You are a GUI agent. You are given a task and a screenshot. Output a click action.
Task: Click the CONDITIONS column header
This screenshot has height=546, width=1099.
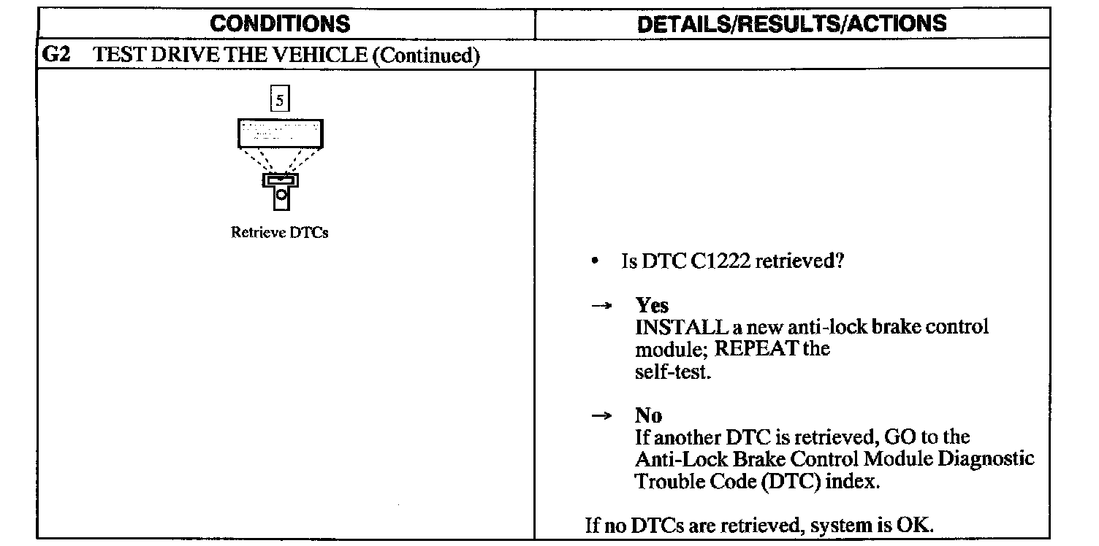pos(280,23)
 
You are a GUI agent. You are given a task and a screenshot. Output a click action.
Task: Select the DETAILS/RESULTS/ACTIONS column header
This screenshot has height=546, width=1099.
pos(791,23)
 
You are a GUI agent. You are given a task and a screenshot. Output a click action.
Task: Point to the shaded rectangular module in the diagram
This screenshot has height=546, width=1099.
pos(280,134)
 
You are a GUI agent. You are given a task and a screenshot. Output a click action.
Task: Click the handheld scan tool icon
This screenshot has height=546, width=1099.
pos(281,189)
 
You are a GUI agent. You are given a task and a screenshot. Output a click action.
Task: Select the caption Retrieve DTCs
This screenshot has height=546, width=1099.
pos(279,233)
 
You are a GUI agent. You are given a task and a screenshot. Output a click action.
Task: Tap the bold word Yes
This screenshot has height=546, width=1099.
pos(652,305)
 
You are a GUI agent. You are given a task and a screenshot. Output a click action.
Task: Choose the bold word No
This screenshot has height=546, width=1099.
pos(649,416)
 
